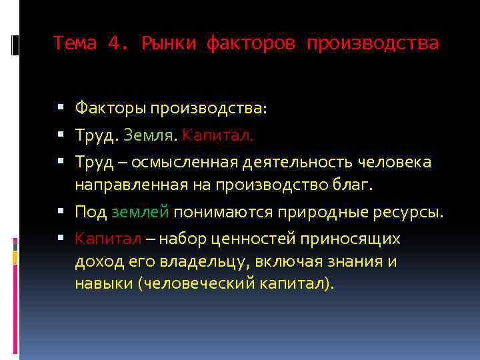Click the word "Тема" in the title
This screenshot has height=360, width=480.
(75, 43)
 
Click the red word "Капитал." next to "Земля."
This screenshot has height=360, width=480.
(218, 135)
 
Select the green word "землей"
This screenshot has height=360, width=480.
(139, 213)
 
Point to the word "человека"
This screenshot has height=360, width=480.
(395, 162)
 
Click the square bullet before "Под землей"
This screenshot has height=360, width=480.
(61, 213)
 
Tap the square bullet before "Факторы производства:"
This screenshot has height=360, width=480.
(61, 107)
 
